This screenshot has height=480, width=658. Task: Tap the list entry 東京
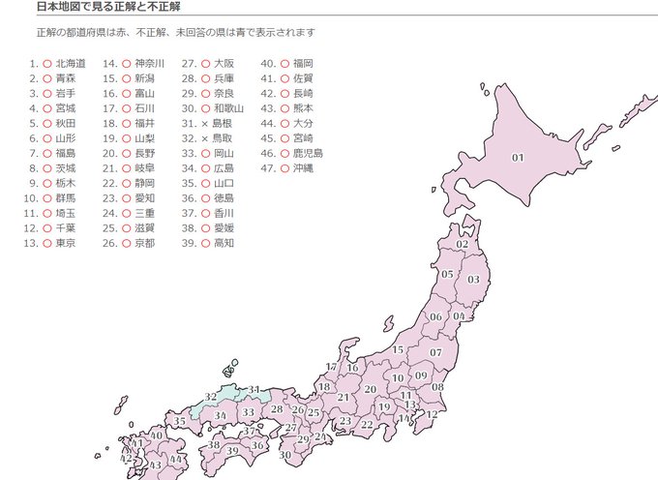pyautogui.click(x=66, y=243)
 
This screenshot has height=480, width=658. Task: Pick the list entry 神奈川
pyautogui.click(x=150, y=63)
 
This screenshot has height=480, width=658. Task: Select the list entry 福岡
pyautogui.click(x=303, y=63)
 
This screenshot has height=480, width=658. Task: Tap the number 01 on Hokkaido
pyautogui.click(x=518, y=158)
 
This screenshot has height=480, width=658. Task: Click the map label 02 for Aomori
pyautogui.click(x=462, y=245)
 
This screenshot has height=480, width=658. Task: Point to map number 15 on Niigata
pyautogui.click(x=398, y=349)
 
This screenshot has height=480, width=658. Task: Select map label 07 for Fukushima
pyautogui.click(x=436, y=352)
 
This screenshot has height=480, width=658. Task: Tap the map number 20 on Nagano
pyautogui.click(x=370, y=389)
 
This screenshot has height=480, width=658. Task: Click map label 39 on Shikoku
pyautogui.click(x=231, y=450)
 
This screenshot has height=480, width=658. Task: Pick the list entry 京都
pyautogui.click(x=144, y=243)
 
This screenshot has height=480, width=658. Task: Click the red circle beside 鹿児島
pyautogui.click(x=284, y=153)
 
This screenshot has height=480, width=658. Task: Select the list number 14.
pyautogui.click(x=110, y=63)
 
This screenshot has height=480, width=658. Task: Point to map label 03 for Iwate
pyautogui.click(x=473, y=279)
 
